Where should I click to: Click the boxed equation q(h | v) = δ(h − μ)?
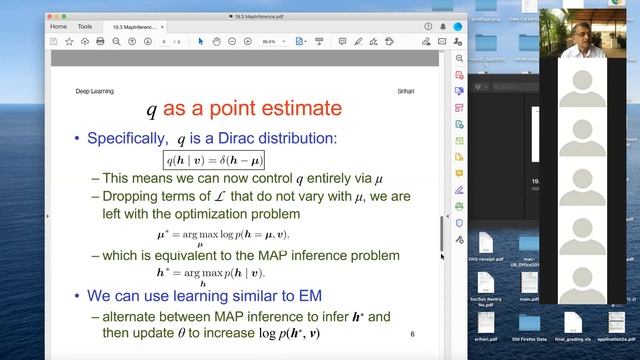tap(213, 159)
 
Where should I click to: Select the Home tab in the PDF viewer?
tap(59, 27)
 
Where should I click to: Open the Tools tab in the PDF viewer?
tap(85, 27)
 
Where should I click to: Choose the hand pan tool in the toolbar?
tap(217, 41)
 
